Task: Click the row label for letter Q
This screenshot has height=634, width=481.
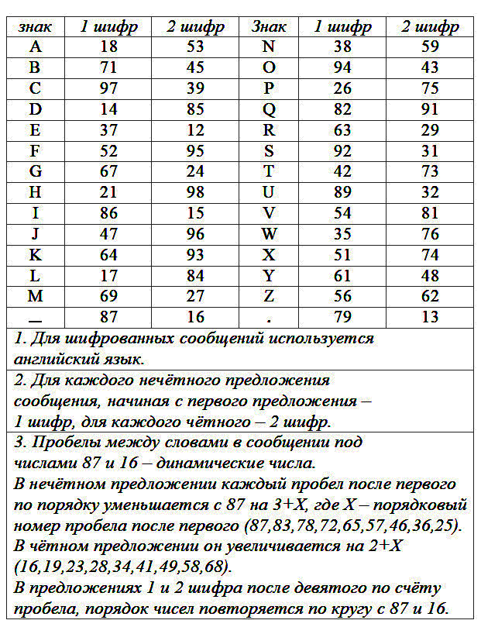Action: pos(269,109)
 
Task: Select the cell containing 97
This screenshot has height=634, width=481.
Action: pos(109,88)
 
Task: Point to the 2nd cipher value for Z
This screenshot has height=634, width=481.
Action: pos(430,296)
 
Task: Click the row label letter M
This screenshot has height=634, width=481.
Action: pos(35,296)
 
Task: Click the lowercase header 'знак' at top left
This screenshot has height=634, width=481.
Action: pos(35,27)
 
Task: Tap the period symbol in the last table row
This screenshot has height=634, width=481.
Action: pos(269,317)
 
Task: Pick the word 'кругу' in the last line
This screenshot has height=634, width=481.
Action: pos(357,608)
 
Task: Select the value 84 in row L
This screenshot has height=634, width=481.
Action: pos(195,275)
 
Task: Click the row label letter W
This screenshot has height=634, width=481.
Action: pos(269,234)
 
